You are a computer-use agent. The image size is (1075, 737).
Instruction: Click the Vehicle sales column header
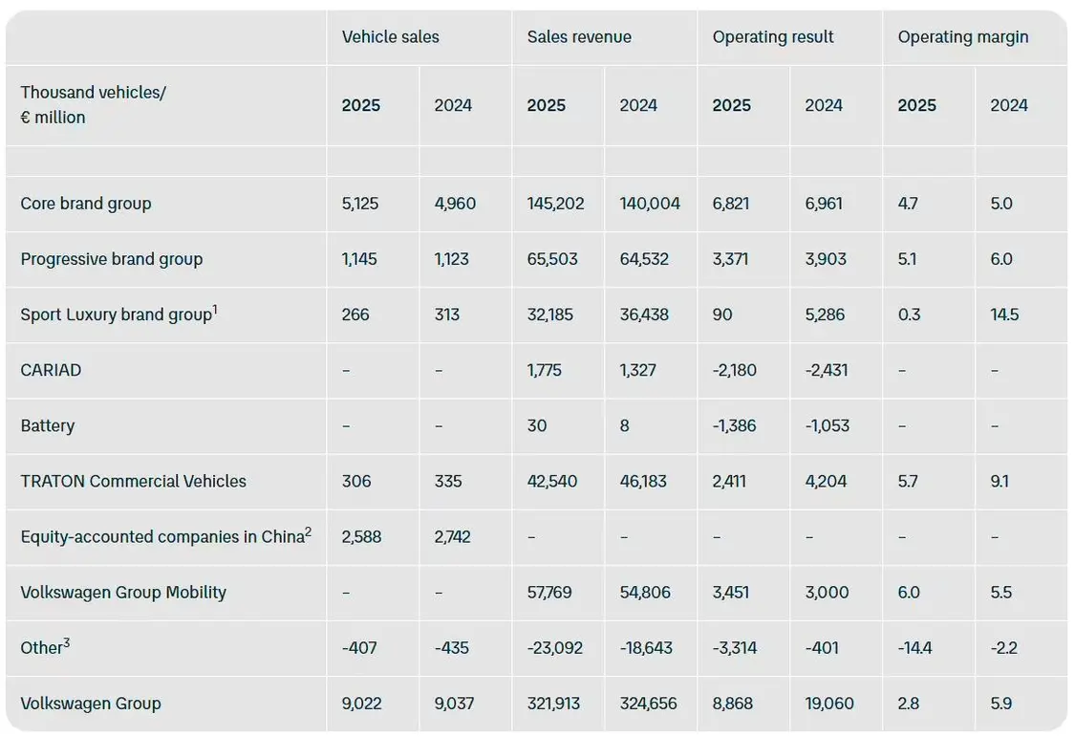coord(390,37)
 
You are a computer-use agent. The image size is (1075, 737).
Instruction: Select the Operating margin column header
coord(963,37)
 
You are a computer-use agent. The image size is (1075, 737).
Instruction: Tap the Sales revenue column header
coord(579,37)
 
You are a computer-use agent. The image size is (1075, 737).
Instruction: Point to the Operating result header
coord(773,37)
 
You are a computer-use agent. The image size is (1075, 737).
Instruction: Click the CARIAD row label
coord(51,370)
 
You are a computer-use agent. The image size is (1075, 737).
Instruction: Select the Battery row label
coord(47,425)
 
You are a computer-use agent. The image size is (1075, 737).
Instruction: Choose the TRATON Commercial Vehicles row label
coord(133,481)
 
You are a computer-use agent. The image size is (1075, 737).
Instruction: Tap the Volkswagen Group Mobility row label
coord(123,592)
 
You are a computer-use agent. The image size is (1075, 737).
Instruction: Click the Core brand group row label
coord(86,204)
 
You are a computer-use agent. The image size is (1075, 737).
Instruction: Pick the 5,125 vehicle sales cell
coord(361,204)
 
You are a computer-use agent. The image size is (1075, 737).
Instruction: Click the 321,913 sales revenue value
coord(555,704)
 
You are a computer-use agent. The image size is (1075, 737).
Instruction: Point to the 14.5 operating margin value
coord(1004,314)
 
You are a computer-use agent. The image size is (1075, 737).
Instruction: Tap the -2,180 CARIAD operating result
coord(735,370)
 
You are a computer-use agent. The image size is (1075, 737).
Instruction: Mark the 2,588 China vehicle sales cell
coord(361,536)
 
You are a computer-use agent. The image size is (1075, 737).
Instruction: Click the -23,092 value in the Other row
coord(555,648)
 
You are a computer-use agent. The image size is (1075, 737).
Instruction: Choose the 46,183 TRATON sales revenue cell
coord(645,481)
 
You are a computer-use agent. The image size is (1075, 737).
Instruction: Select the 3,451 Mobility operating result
coord(734,592)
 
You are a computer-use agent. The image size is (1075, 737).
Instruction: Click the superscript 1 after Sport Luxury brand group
coord(216,309)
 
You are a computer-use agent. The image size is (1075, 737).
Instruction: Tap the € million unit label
coord(53,118)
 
